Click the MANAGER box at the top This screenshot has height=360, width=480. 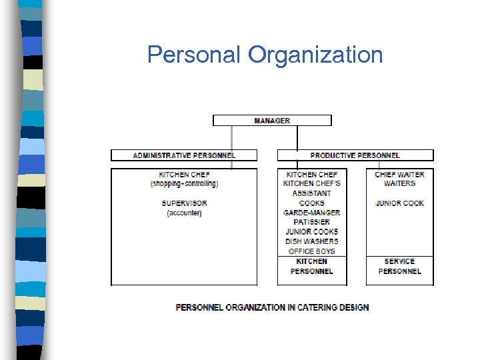point(272,121)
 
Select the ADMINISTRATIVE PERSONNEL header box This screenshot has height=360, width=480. point(184,155)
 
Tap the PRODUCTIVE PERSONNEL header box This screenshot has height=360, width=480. point(355,155)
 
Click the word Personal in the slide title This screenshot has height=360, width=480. point(195,55)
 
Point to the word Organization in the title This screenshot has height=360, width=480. point(315,55)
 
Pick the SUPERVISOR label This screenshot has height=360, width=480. point(184,203)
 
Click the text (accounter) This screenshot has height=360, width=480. point(184,213)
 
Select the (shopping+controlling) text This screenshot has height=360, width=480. point(184,184)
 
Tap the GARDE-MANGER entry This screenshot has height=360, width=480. point(312,213)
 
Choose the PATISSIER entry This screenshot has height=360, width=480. point(312,222)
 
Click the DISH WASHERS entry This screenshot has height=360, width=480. point(312,241)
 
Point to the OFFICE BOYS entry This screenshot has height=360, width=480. point(312,251)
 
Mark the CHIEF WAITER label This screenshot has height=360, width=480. point(400,175)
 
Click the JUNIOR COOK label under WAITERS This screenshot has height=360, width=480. point(400,203)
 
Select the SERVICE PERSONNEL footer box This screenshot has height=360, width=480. point(400,267)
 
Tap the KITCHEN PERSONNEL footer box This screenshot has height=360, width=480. point(312,267)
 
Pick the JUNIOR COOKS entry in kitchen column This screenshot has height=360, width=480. point(312,232)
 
